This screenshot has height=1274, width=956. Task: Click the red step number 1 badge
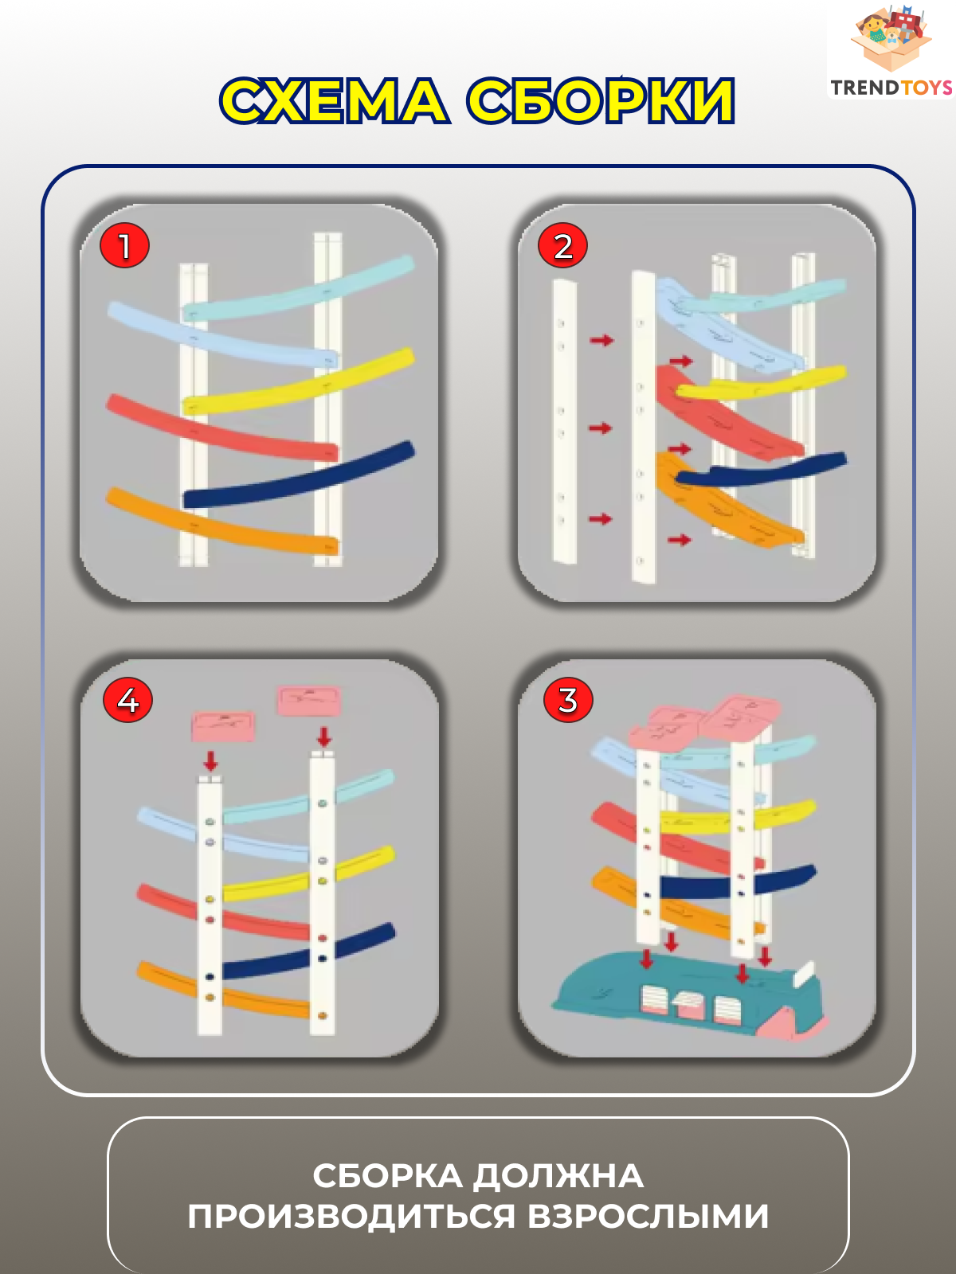click(124, 245)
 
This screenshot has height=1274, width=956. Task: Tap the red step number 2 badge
click(562, 245)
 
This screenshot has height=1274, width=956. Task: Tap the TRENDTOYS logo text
click(891, 88)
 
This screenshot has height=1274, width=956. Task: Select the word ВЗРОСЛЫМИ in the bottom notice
click(648, 1216)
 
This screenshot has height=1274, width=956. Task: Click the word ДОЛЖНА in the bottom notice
click(558, 1177)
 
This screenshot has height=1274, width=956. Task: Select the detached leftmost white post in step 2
click(563, 420)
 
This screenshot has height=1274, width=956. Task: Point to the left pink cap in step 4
click(224, 727)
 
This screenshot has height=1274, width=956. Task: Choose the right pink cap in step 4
click(309, 701)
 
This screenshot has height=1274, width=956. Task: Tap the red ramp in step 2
click(728, 412)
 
